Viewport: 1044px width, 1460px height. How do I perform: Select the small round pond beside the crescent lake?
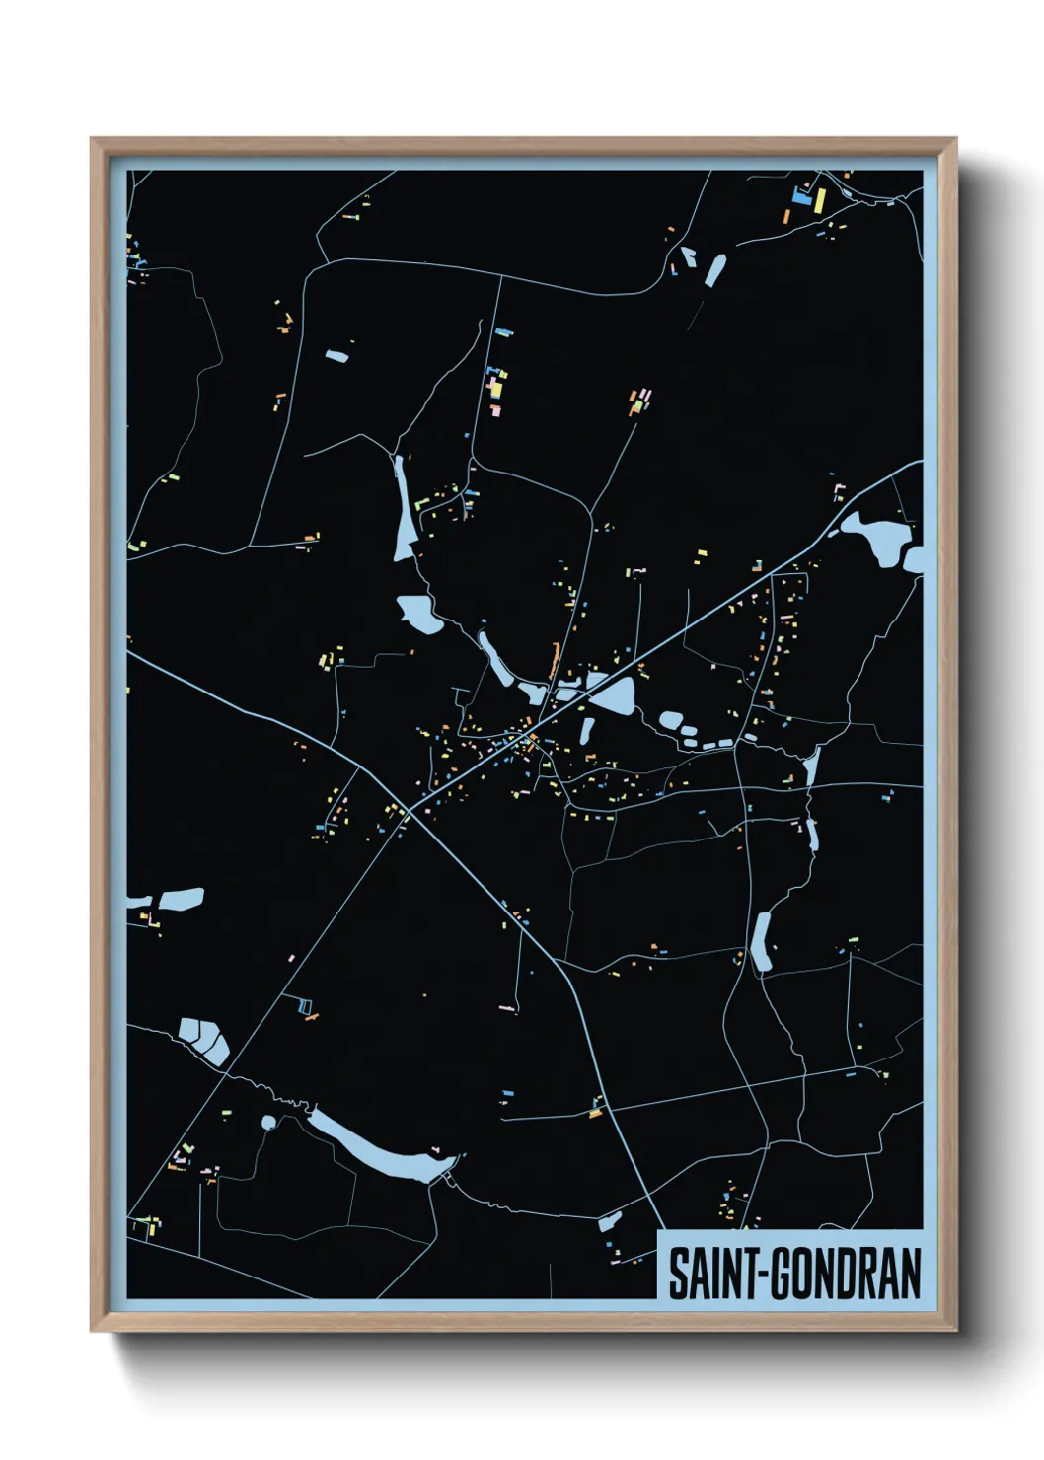[267, 1122]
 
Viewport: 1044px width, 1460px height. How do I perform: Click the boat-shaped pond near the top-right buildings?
[714, 269]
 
